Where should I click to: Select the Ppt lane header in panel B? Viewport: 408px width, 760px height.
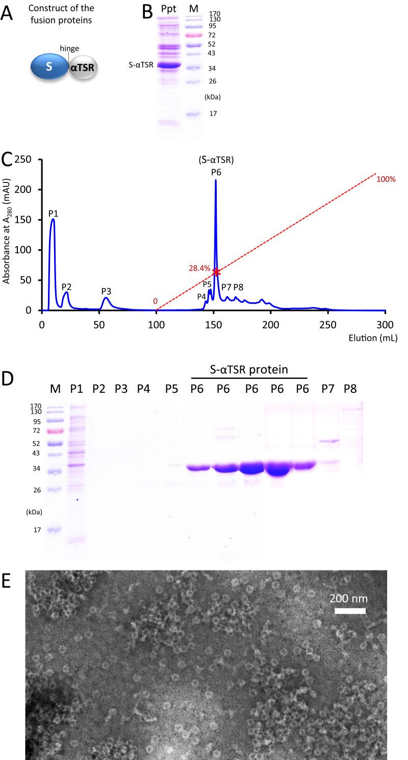click(166, 8)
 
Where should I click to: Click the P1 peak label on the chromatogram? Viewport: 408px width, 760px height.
click(55, 213)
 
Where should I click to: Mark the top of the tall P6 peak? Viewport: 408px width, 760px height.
click(215, 180)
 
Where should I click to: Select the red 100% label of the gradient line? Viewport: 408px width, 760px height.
click(387, 179)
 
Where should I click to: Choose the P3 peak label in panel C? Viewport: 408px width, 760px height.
click(106, 291)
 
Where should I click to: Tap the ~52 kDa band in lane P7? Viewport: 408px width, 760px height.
click(328, 441)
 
